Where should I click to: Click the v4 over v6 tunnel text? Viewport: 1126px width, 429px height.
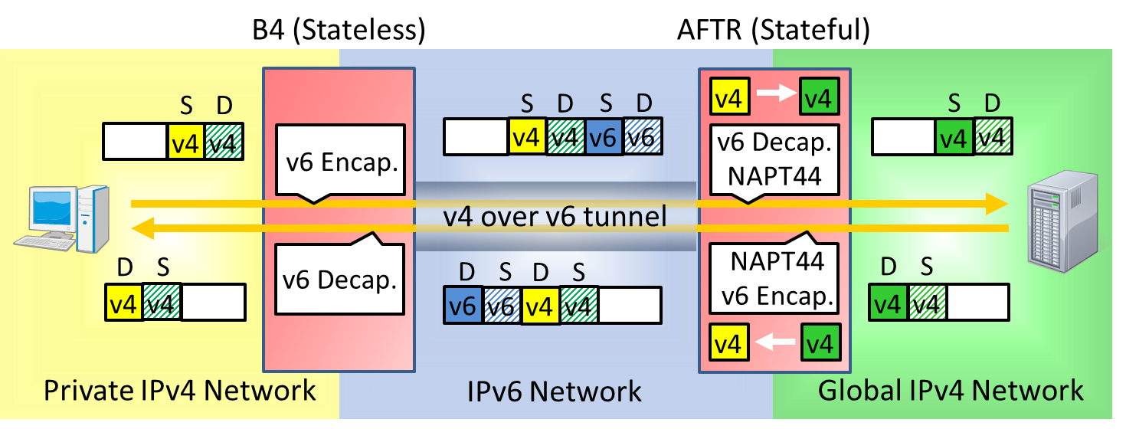click(555, 217)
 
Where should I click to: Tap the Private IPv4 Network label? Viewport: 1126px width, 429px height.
click(179, 390)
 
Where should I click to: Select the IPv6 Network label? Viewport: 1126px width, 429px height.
click(555, 392)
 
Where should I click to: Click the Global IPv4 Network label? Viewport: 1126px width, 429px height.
click(951, 390)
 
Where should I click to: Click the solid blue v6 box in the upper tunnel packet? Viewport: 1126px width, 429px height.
click(604, 138)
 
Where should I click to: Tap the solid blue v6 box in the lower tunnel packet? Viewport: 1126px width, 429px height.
click(463, 305)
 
